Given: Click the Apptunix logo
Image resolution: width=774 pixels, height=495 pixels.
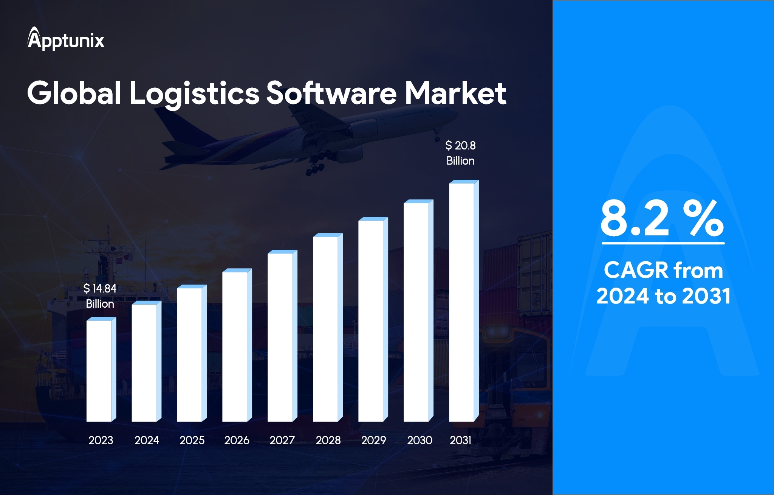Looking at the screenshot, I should [x=66, y=39].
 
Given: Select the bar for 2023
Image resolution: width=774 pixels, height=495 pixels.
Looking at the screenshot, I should [x=99, y=371].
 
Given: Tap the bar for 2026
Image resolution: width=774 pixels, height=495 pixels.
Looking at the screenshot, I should [x=235, y=346].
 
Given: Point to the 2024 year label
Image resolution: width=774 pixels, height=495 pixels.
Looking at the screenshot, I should [x=147, y=440].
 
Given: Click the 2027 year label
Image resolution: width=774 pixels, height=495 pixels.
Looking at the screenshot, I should [x=282, y=440].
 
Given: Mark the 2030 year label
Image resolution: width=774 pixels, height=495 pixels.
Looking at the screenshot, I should [x=420, y=440].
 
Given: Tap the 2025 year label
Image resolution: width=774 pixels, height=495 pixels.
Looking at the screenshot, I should [x=192, y=440].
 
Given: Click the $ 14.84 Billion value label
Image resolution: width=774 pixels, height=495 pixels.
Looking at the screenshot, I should [x=100, y=296].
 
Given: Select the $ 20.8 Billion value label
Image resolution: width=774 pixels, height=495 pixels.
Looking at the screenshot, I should [x=460, y=153].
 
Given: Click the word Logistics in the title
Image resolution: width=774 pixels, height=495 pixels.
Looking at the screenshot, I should [x=194, y=93].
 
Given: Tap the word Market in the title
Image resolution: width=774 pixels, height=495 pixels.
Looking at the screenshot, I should [x=455, y=93].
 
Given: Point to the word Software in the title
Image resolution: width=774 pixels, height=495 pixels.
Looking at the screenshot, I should [x=331, y=93].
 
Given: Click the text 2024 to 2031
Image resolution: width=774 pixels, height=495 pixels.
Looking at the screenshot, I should [x=663, y=296].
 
